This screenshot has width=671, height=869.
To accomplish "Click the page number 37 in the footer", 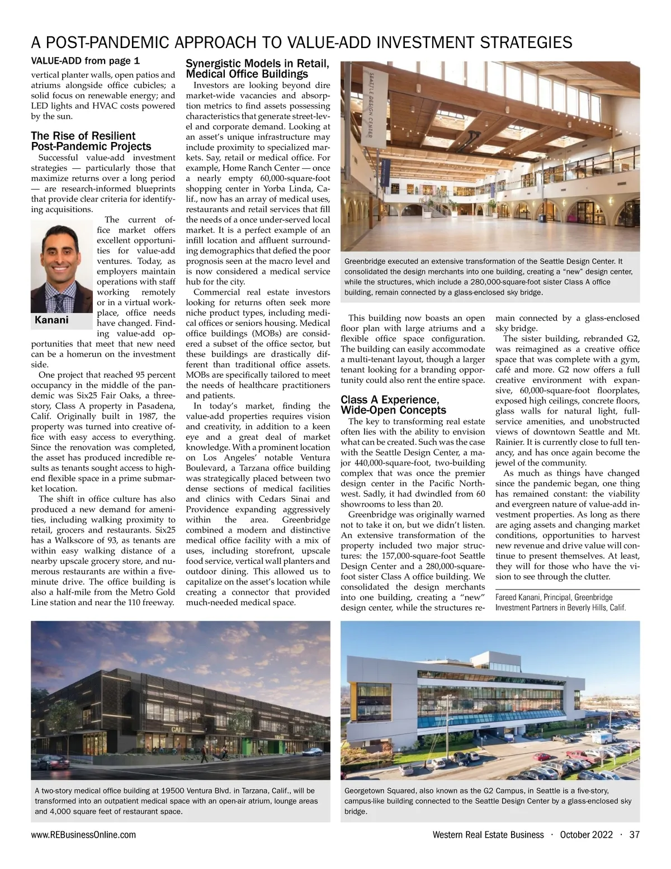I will coord(634,834).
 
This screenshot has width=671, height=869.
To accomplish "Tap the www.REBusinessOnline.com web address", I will coord(83,834).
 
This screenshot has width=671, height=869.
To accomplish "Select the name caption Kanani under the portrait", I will coord(51,320).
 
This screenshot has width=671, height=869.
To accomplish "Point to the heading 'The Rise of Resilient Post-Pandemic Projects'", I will coord(91,141).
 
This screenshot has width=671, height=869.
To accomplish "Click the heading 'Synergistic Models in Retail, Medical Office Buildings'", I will coord(257,69).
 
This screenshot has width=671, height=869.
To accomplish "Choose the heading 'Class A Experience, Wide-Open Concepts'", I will coord(393,405).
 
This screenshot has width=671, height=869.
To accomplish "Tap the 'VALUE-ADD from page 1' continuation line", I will coord(85,60).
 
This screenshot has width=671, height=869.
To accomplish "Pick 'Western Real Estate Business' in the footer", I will coord(488,834).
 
